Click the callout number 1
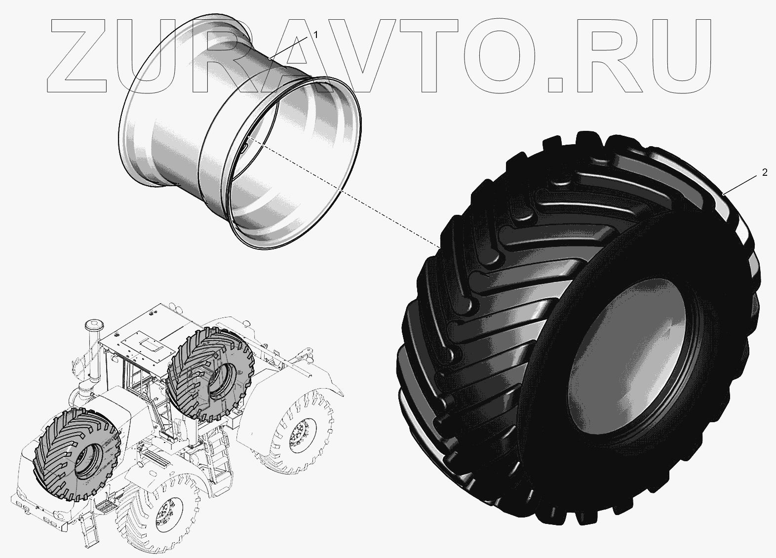coord(315,35)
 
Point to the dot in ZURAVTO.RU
coord(555,84)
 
